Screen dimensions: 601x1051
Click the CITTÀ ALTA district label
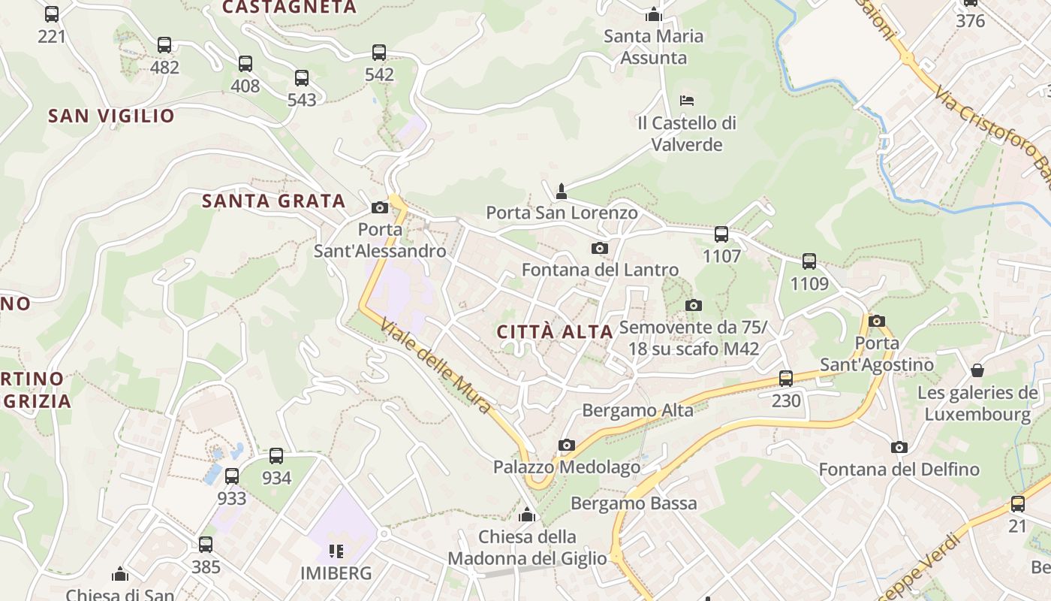coord(555,331)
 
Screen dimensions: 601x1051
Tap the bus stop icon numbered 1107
coord(721,234)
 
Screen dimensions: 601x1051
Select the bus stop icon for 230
coord(786,379)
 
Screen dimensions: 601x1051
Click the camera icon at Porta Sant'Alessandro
coord(380,207)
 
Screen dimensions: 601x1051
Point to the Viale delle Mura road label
coord(435,367)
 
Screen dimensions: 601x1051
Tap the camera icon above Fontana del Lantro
coord(599,248)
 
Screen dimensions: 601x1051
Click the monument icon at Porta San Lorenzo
coord(561,192)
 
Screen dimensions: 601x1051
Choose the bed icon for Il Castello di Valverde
coord(686,100)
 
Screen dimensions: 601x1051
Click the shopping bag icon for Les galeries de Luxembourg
coord(977,370)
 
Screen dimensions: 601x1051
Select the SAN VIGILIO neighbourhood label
coord(111,116)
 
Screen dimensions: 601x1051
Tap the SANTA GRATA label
coord(274,201)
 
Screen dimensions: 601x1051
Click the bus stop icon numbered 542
coord(379,53)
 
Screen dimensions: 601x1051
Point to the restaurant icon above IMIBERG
coord(336,551)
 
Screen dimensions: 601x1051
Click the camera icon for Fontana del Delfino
coord(899,448)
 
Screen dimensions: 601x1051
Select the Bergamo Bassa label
coord(634,503)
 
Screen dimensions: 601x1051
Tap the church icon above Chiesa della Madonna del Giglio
coord(527,515)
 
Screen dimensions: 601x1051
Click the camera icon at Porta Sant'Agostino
coord(876,322)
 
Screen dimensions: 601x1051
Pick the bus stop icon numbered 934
coord(276,456)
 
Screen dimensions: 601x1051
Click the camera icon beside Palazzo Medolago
coord(567,445)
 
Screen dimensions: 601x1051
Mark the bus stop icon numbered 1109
coord(809,261)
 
